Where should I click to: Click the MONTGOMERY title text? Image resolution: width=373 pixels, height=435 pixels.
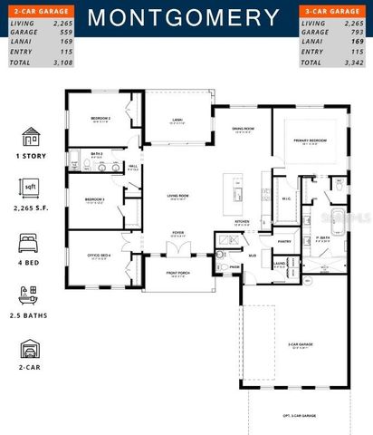point(185,17)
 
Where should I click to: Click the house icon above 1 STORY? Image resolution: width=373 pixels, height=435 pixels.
point(30,137)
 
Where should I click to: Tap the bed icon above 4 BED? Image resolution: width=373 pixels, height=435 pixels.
point(30,243)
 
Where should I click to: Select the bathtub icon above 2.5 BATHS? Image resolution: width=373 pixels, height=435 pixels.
point(30,295)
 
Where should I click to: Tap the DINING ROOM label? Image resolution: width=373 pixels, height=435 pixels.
point(241,129)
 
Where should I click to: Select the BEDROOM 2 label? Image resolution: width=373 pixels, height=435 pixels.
point(100,119)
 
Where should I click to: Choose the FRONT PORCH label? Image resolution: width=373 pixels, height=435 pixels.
point(177,272)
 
